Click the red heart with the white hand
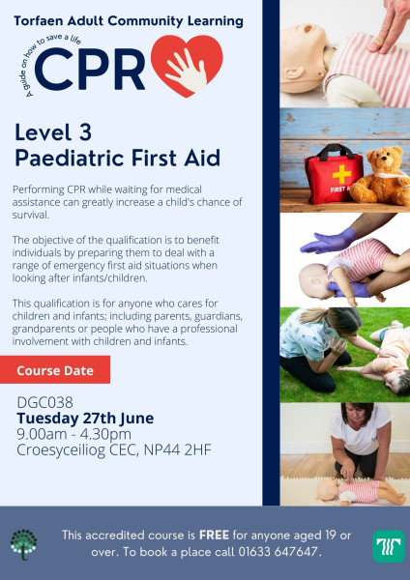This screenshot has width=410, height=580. [x=187, y=65]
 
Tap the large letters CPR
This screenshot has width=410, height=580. [x=90, y=70]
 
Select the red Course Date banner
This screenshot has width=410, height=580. [x=55, y=369]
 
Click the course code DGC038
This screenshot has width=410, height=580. [x=45, y=402]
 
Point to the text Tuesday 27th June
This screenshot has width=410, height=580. [x=85, y=419]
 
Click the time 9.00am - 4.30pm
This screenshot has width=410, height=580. [x=74, y=434]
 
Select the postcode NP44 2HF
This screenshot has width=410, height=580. [x=178, y=449]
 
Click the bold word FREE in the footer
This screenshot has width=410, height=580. [x=215, y=535]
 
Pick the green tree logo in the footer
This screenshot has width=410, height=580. [x=23, y=544]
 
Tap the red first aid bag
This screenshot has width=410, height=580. [x=334, y=174]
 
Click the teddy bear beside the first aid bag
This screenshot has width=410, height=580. [x=382, y=175]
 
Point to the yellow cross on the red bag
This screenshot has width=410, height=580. [x=341, y=175]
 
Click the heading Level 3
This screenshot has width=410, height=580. [x=53, y=132]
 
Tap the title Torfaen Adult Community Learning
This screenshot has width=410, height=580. [x=129, y=21]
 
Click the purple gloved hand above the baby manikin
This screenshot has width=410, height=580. [x=328, y=241]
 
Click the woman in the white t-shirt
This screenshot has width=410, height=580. [x=360, y=440]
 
